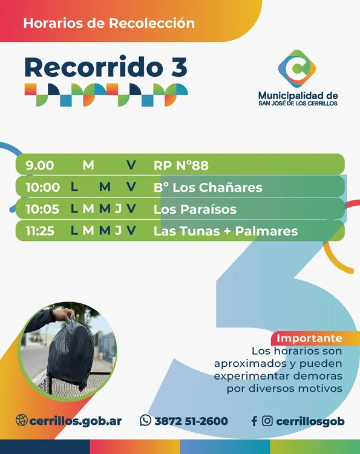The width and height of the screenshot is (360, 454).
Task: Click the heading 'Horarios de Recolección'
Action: pyautogui.click(x=109, y=24)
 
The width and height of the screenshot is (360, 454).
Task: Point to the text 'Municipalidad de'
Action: pyautogui.click(x=298, y=96)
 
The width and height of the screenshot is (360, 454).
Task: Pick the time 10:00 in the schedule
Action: pyautogui.click(x=42, y=187)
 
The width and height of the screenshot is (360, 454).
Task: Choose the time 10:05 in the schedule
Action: pyautogui.click(x=42, y=209)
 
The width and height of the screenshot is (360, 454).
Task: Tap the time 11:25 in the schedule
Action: pyautogui.click(x=42, y=231)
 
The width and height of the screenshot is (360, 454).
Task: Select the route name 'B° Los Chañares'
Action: pyautogui.click(x=208, y=187)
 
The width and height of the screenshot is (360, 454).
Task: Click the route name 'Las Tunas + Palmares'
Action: pyautogui.click(x=226, y=231)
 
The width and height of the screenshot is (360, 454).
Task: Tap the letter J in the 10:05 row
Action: pyautogui.click(x=119, y=209)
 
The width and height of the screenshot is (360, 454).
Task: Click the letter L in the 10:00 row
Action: pyautogui.click(x=74, y=187)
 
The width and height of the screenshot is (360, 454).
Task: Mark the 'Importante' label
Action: pyautogui.click(x=309, y=338)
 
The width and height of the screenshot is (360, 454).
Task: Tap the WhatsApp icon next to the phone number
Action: pyautogui.click(x=145, y=421)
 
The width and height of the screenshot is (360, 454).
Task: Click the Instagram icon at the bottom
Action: pyautogui.click(x=267, y=421)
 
